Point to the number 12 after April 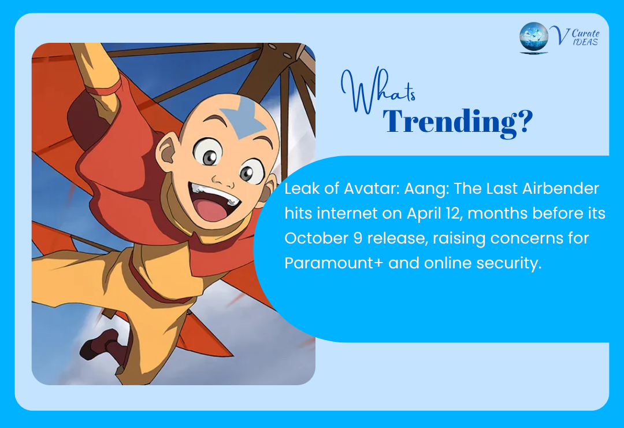[446, 214]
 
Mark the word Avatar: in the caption [359, 189]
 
